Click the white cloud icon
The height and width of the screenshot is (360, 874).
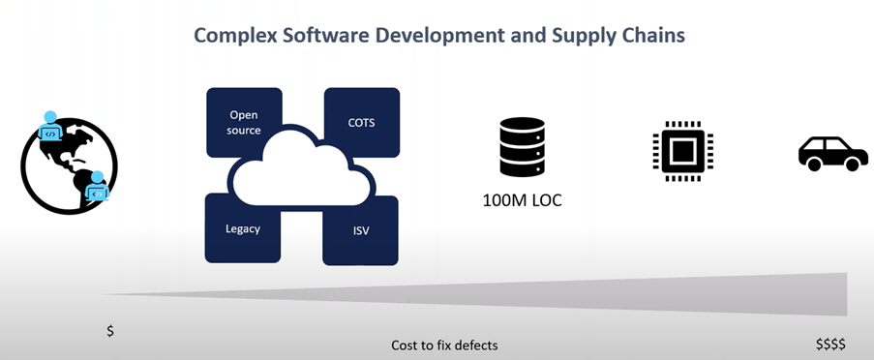[301, 173]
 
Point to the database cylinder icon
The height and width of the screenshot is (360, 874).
[522, 146]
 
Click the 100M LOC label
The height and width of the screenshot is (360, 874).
[523, 200]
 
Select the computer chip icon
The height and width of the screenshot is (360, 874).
[682, 151]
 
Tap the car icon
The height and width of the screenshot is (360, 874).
[832, 153]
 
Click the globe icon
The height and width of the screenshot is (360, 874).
[69, 165]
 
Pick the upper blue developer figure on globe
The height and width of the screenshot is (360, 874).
[50, 126]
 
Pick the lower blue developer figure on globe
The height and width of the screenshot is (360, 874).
[98, 186]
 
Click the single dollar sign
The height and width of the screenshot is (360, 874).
[110, 330]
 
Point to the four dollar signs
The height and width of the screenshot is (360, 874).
[830, 344]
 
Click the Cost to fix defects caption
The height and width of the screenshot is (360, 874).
[444, 345]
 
